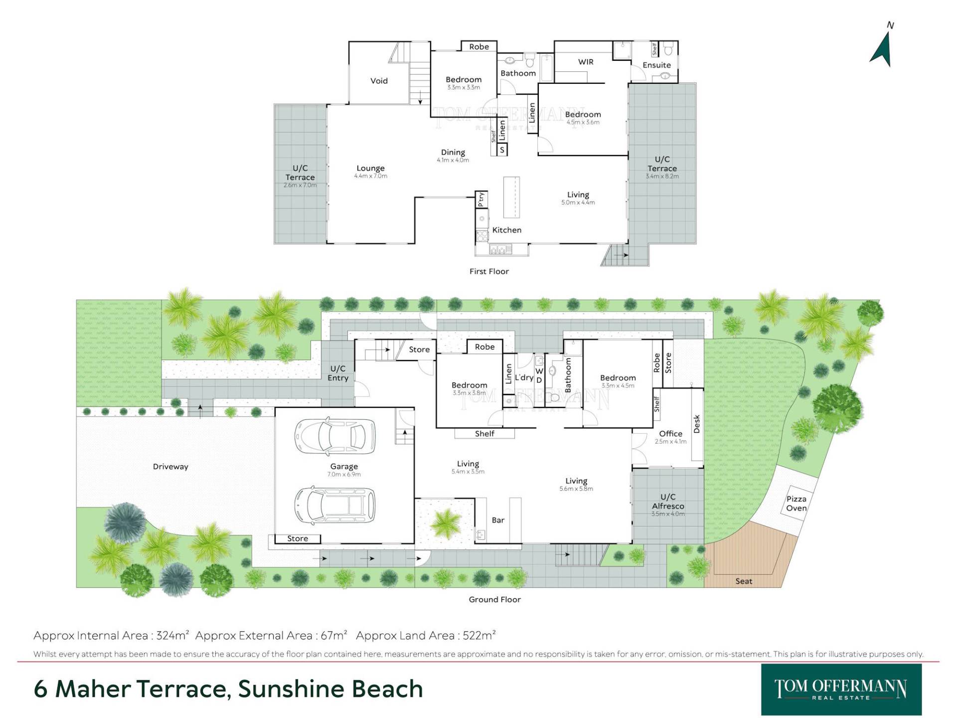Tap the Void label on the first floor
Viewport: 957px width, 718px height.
pos(379,81)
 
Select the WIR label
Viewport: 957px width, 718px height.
pos(586,62)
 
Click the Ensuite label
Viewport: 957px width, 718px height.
pos(656,65)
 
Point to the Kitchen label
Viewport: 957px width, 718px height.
pos(506,230)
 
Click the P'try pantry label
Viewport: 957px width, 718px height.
pos(481,199)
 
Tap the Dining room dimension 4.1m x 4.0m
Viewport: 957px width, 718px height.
pos(453,160)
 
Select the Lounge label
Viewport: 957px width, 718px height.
pos(370,169)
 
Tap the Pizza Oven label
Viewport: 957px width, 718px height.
pos(796,504)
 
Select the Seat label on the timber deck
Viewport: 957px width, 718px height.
pos(744,581)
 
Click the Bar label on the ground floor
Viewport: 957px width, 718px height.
pos(498,520)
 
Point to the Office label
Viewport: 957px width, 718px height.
pos(670,434)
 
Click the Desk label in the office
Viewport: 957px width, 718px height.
pos(697,424)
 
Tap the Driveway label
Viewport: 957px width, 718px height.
pos(170,467)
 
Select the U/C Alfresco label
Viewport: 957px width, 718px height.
pos(668,502)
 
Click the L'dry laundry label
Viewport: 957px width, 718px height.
pos(524,377)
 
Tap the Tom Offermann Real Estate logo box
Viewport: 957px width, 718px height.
pos(841,690)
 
